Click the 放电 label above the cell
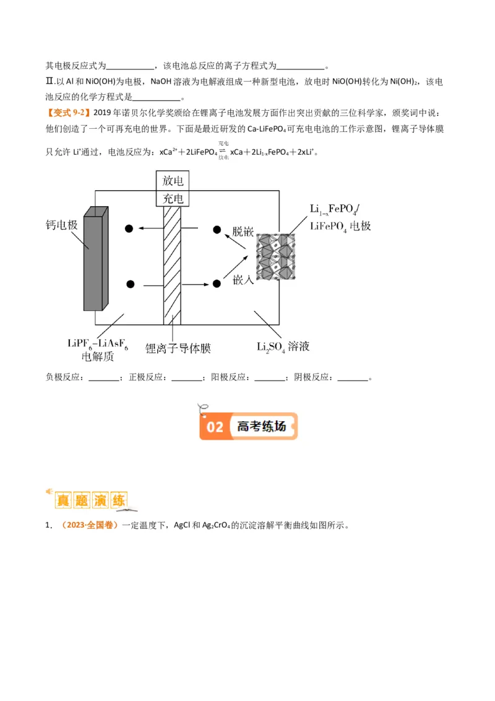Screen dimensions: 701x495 (173, 181)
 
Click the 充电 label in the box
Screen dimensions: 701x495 (173, 199)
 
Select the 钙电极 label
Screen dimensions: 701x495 (61, 225)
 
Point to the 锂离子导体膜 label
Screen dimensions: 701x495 (178, 349)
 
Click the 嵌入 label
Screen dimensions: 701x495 (243, 281)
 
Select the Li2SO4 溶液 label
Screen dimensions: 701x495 (283, 347)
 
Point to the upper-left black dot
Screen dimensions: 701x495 (129, 229)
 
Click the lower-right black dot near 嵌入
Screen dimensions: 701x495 (217, 284)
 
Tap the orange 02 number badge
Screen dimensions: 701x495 (214, 427)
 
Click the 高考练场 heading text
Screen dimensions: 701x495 (262, 426)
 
